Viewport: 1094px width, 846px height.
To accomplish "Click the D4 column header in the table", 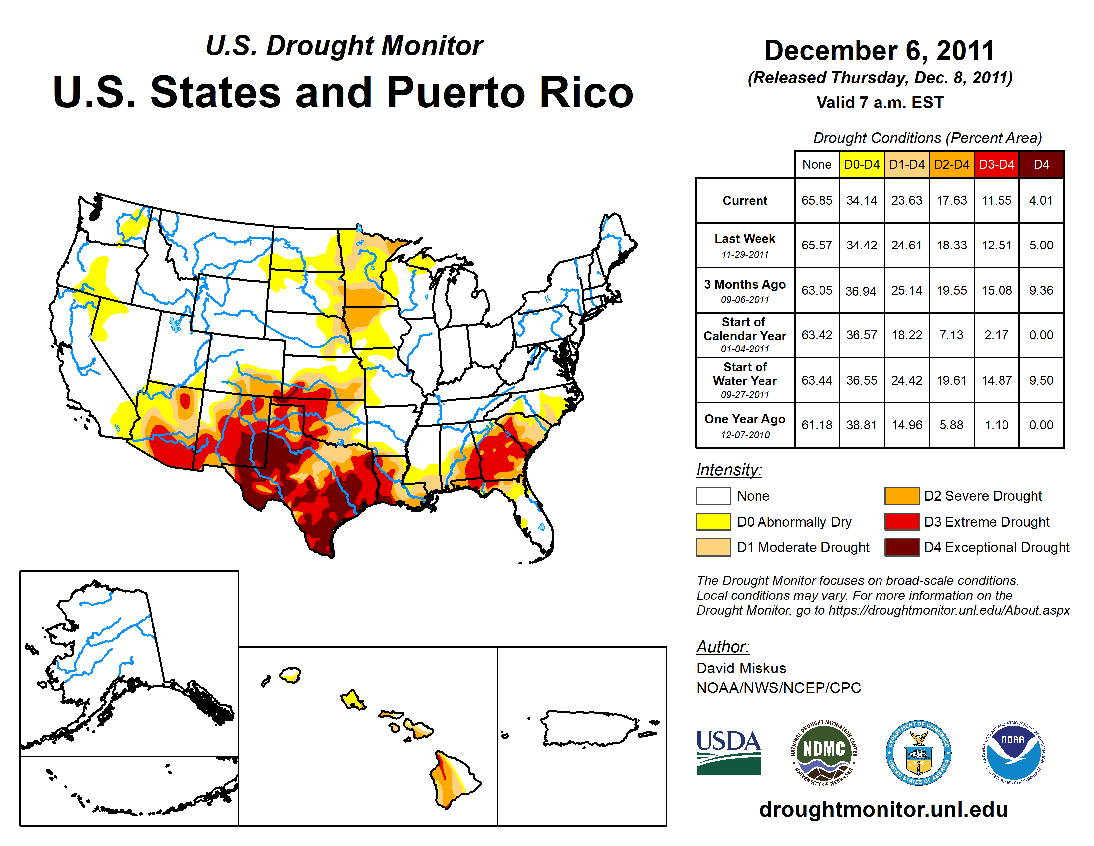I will pos(1041,164).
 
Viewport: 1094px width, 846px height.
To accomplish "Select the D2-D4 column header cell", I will pos(951,164).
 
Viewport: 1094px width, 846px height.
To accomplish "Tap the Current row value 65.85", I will pos(817,200).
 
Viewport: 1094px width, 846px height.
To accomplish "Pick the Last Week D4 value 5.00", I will pos(1041,245).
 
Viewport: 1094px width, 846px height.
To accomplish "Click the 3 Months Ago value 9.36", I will pos(1041,290).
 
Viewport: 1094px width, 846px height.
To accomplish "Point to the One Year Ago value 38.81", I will pos(862,425).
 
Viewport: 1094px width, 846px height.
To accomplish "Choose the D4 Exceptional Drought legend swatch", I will pos(902,547).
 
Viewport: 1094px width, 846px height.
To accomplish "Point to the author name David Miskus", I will pos(741,668).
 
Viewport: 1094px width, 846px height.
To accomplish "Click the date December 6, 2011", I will pos(879,51).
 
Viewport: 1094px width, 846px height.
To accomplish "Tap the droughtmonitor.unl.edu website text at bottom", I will pos(883,810).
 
